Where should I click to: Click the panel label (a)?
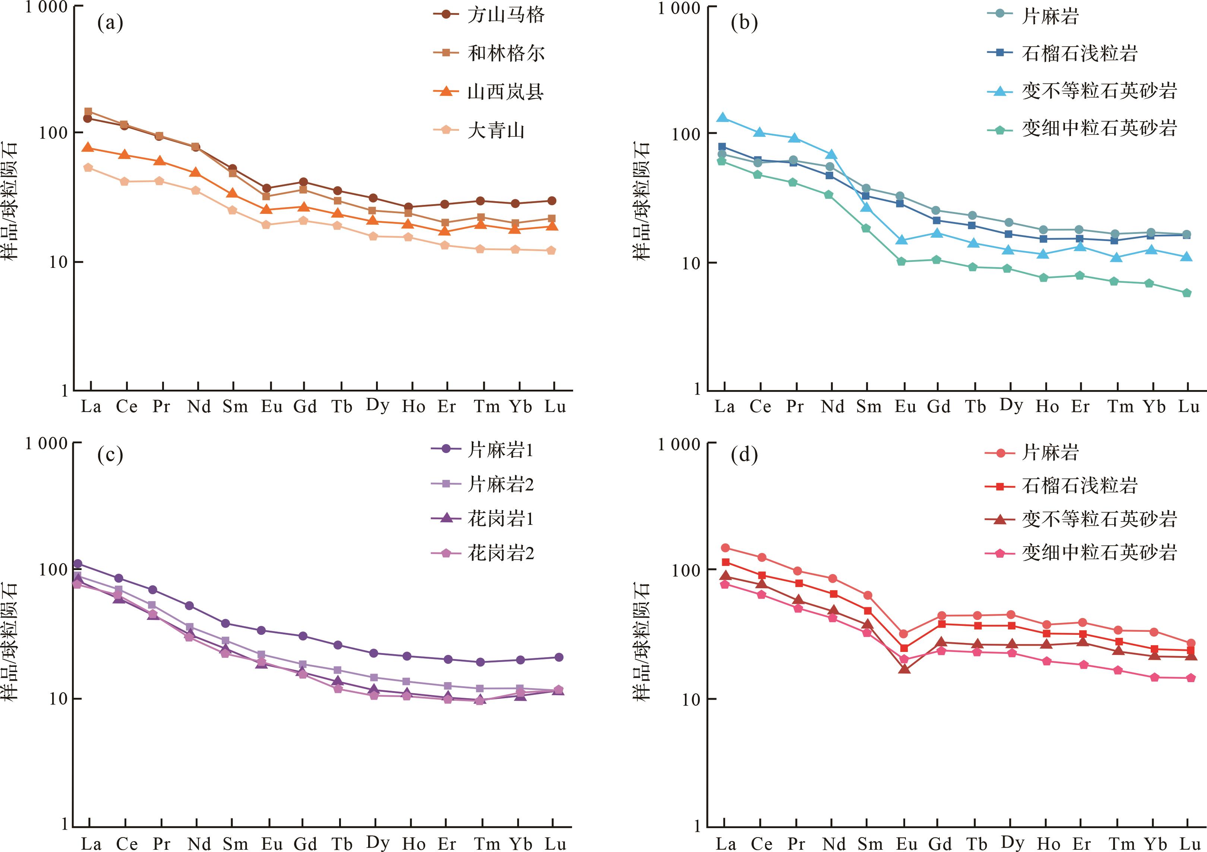pos(110,23)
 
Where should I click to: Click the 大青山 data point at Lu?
pos(551,251)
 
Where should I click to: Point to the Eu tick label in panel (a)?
pos(271,407)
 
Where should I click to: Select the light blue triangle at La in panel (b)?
pos(723,118)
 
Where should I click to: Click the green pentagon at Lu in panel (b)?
pos(1187,293)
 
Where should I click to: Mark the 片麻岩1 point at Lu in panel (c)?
pos(559,657)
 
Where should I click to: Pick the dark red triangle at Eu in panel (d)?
pos(904,669)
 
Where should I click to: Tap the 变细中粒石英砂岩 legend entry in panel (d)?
pos(1099,552)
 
